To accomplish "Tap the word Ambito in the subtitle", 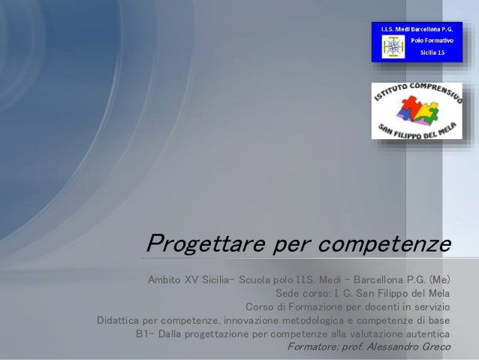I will [x=166, y=280].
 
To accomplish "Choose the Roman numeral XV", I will [x=196, y=280].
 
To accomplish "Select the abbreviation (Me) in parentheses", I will [x=439, y=280].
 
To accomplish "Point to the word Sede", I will [x=289, y=294].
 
